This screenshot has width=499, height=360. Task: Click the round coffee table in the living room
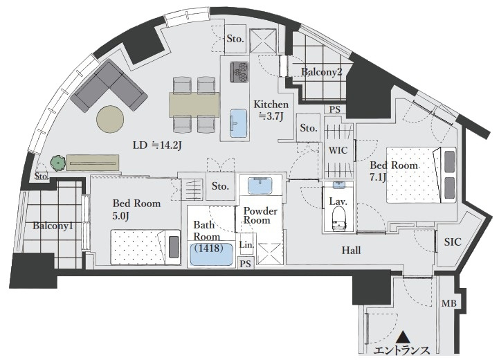tap(110, 118)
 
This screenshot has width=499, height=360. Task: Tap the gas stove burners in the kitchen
tap(239, 71)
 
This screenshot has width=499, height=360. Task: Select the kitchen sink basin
tap(238, 123)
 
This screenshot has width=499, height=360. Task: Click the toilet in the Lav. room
tap(339, 218)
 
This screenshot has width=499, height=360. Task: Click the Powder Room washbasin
tap(260, 186)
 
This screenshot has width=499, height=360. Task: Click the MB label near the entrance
tap(448, 303)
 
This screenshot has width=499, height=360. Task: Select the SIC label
tap(453, 242)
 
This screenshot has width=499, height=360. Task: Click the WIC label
tap(338, 150)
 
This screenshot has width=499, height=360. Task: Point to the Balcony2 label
tap(321, 72)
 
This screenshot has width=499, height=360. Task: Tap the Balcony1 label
tap(53, 226)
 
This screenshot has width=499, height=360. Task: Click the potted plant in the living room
tap(58, 163)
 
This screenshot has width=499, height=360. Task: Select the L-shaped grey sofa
tap(109, 86)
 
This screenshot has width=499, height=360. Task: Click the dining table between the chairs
tap(194, 105)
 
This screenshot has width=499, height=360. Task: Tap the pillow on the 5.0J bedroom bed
tap(174, 246)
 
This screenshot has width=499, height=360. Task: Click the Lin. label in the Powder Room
tap(246, 245)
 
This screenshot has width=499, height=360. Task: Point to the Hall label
tap(352, 251)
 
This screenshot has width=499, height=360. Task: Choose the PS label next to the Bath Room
tap(246, 264)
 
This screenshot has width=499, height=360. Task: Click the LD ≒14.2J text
tap(157, 145)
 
